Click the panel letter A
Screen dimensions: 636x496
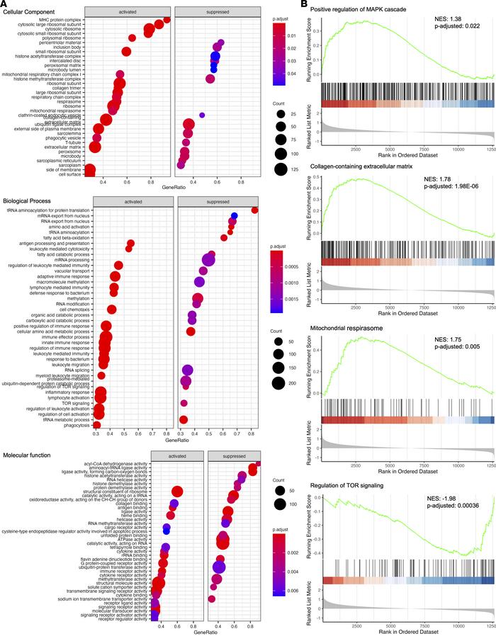point(5,5)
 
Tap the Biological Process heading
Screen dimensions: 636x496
point(29,200)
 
